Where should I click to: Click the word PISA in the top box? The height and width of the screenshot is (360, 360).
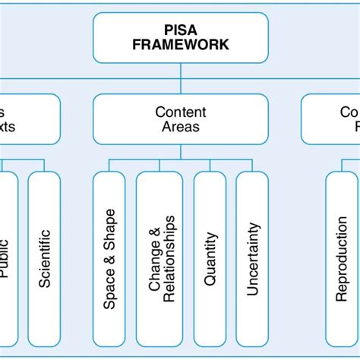coord(180,30)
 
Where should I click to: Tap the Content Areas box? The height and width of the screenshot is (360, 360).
coord(180,118)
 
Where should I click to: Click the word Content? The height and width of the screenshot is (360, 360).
coord(180,112)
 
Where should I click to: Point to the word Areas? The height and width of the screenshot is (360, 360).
coord(180,126)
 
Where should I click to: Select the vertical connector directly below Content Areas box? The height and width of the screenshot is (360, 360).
coord(180,152)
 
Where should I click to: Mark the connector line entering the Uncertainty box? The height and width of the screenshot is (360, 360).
coord(252,165)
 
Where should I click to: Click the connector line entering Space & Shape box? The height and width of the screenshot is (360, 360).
coord(109,165)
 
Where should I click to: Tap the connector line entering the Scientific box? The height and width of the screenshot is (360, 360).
coord(44,165)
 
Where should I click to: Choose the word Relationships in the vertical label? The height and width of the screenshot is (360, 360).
coord(169,259)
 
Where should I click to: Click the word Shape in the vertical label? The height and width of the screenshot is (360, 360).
coord(109,228)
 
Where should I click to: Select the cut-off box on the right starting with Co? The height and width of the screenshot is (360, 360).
coord(330,118)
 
